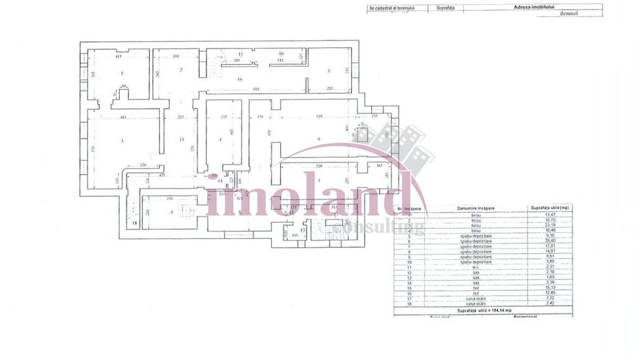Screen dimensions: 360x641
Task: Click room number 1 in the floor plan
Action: coord(122,73)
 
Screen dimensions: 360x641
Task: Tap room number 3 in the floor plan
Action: coord(122,141)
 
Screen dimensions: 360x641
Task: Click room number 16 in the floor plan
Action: coord(240,80)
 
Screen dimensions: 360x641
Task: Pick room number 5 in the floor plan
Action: coord(328,71)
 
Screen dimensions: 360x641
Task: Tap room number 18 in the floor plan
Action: coord(135,223)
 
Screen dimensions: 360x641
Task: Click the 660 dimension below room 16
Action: coord(256,89)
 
